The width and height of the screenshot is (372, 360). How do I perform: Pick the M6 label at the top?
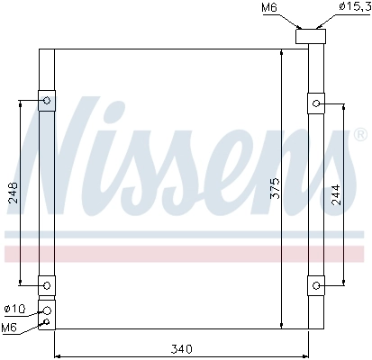tap(268, 9)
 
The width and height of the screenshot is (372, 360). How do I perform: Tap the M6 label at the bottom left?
tap(11, 327)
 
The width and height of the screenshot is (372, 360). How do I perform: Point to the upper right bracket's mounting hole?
tap(317, 104)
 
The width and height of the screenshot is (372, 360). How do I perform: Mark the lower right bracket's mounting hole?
tap(317, 286)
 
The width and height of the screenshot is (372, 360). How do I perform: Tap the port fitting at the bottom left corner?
tap(46, 315)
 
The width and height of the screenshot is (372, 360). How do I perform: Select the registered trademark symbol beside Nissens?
tap(359, 135)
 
